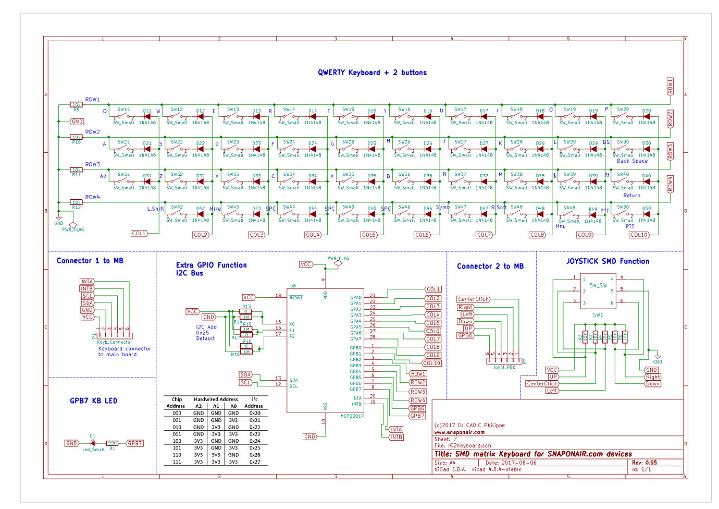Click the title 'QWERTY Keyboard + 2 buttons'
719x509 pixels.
pyautogui.click(x=372, y=72)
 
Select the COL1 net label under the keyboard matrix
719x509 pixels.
pyautogui.click(x=139, y=234)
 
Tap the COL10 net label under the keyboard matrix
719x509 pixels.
pyautogui.click(x=639, y=235)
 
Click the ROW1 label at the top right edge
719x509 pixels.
pyautogui.click(x=670, y=86)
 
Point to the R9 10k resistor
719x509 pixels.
pyautogui.click(x=76, y=105)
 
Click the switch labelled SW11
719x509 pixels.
pyautogui.click(x=123, y=116)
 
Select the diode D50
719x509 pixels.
pyautogui.click(x=647, y=214)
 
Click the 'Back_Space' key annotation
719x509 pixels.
pyautogui.click(x=632, y=161)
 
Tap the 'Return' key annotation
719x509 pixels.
pyautogui.click(x=631, y=196)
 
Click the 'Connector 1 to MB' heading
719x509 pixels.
pyautogui.click(x=90, y=261)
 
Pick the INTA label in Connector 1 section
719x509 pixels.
pyautogui.click(x=87, y=282)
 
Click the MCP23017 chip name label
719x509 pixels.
pyautogui.click(x=352, y=416)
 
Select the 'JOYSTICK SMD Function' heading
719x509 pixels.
pyautogui.click(x=608, y=261)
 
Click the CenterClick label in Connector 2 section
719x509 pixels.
pyautogui.click(x=473, y=299)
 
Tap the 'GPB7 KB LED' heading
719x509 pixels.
pyautogui.click(x=94, y=401)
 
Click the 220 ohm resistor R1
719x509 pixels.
pyautogui.click(x=112, y=443)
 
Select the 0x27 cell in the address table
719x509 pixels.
pyautogui.click(x=254, y=462)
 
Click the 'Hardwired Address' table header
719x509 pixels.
pyautogui.click(x=216, y=399)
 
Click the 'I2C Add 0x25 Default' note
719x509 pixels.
pyautogui.click(x=206, y=333)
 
